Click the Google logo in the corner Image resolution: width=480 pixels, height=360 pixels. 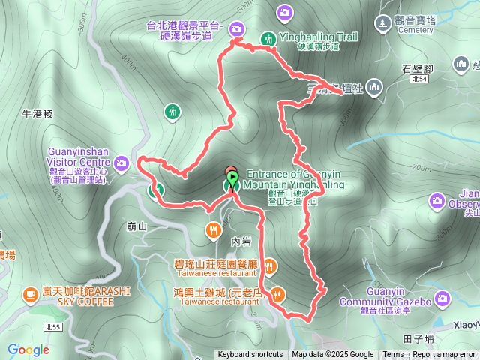point(28,349)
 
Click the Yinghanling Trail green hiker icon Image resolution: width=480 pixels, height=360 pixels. point(268,38)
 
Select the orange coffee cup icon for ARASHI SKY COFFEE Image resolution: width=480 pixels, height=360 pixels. point(31,292)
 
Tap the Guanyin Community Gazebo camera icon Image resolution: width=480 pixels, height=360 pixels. point(442,299)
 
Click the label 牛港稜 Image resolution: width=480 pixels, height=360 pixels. point(37,115)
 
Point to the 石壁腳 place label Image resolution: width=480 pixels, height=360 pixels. point(416,69)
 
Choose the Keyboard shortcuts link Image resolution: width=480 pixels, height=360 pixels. point(250,355)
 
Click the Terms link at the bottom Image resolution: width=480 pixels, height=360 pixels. point(393,355)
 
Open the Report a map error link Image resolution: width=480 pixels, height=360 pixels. point(445,355)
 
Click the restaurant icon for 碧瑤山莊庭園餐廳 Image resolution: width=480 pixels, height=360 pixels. point(270,264)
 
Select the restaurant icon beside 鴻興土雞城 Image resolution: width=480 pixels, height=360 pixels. point(278,293)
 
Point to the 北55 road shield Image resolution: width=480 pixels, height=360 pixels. point(52,327)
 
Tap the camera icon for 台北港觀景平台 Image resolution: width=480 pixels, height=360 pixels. point(238,29)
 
